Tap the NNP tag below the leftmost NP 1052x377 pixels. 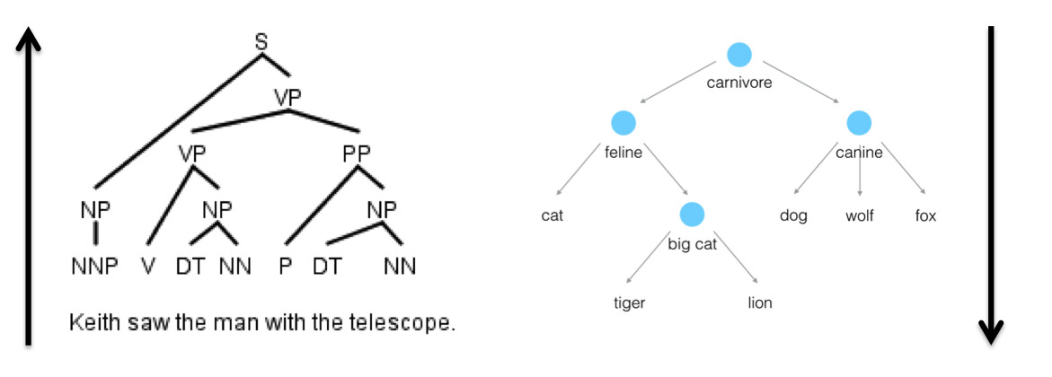pyautogui.click(x=94, y=267)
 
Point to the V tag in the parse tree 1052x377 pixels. pyautogui.click(x=149, y=267)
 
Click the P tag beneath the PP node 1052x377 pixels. pyautogui.click(x=285, y=267)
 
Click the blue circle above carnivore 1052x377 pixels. pyautogui.click(x=738, y=56)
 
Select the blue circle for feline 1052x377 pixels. pyautogui.click(x=623, y=123)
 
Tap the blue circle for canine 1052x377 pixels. pyautogui.click(x=859, y=123)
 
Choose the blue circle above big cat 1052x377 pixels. pyautogui.click(x=692, y=215)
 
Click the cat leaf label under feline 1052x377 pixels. pyautogui.click(x=552, y=216)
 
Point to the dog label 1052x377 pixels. pyautogui.click(x=793, y=216)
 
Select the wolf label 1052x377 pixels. pyautogui.click(x=859, y=216)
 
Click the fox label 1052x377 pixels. pyautogui.click(x=925, y=216)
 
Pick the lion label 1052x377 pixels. pyautogui.click(x=760, y=303)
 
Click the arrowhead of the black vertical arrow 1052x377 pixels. pyautogui.click(x=990, y=335)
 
